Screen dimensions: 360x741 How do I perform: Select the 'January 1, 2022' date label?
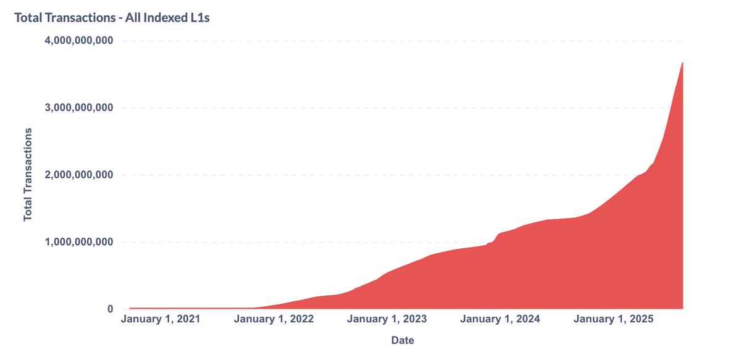click(x=274, y=320)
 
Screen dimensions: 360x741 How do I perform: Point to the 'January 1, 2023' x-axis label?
click(x=387, y=320)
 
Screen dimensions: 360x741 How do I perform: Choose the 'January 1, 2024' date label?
click(x=500, y=320)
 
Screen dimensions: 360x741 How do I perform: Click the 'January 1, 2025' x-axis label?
click(x=614, y=320)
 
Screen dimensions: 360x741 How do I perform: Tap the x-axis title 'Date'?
click(x=402, y=340)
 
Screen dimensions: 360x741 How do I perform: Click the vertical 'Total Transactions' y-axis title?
click(x=28, y=175)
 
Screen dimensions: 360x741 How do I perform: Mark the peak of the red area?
click(x=682, y=63)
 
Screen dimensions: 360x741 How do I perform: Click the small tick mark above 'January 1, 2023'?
click(x=387, y=311)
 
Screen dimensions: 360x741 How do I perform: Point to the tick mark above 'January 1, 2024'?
click(x=500, y=311)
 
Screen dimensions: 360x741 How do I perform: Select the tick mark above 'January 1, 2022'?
click(x=274, y=311)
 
